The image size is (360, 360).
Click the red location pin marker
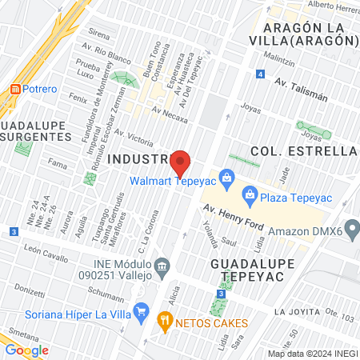point(181,162)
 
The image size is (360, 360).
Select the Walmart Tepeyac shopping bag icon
point(227,177)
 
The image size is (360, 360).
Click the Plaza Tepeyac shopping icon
point(250,194)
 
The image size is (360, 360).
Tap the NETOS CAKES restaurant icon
point(166,322)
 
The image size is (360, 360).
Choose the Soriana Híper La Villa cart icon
point(142,310)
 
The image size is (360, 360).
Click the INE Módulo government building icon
point(162,265)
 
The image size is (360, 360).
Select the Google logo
point(26,350)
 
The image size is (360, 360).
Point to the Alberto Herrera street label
point(332,6)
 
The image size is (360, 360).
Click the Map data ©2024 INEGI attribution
point(312,354)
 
